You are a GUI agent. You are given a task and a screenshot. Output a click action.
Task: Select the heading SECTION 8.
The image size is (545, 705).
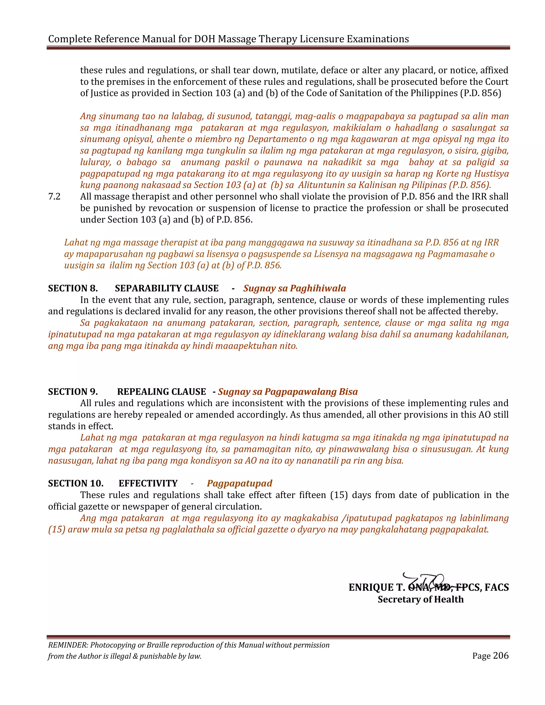coord(73,288)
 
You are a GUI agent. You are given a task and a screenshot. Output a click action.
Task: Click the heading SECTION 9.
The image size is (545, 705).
coord(73,392)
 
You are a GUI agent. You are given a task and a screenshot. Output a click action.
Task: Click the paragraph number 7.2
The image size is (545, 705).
coord(54,197)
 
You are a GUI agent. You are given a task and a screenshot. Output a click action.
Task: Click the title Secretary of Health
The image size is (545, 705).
coord(421,599)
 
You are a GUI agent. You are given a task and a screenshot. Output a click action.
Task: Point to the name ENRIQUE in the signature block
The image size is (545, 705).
coord(371,587)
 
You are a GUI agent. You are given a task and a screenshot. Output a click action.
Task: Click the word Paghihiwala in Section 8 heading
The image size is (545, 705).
coord(318,288)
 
